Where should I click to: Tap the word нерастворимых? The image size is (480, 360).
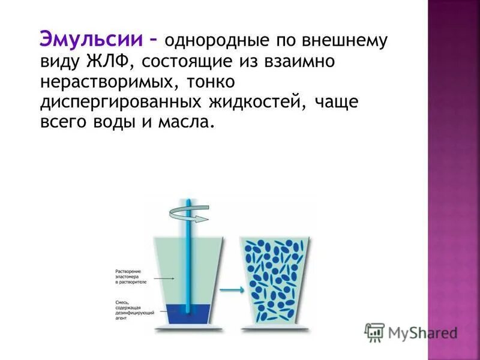click(x=104, y=82)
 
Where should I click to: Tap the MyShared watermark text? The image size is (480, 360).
click(x=423, y=332)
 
